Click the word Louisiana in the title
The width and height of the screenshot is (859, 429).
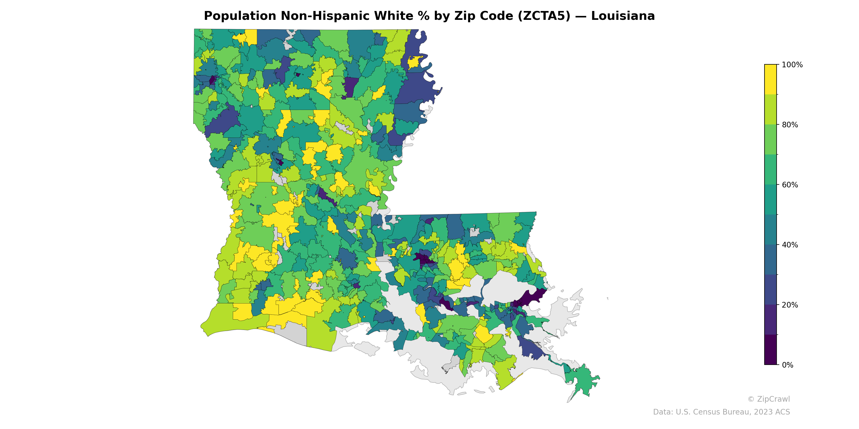click(623, 16)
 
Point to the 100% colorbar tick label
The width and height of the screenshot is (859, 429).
click(792, 65)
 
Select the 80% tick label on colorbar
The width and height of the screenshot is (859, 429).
click(790, 125)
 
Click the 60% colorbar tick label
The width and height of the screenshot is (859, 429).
click(790, 185)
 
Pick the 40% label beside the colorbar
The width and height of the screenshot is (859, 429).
click(790, 245)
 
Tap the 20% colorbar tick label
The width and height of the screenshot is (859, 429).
click(790, 305)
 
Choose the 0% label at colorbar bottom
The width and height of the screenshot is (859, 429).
click(787, 365)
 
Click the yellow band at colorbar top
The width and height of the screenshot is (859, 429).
click(770, 79)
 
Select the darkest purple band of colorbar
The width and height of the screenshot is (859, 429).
click(770, 350)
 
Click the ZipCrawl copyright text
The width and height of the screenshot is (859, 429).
click(769, 399)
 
